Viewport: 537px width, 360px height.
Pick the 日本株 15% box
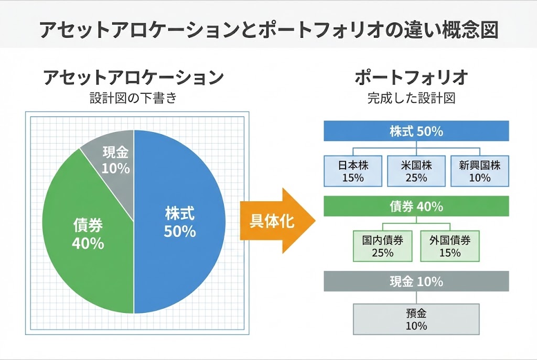click(x=352, y=171)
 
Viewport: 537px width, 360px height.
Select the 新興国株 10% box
click(x=479, y=171)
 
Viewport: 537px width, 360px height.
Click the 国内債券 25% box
click(x=382, y=246)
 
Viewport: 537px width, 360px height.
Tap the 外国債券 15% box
click(x=449, y=246)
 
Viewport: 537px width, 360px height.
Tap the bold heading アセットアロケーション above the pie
click(x=134, y=78)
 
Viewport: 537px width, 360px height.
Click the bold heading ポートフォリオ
click(x=411, y=78)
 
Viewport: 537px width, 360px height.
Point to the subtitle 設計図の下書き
click(x=134, y=98)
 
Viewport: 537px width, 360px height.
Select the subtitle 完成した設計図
click(x=411, y=98)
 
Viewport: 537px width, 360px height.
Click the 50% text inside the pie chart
click(x=180, y=231)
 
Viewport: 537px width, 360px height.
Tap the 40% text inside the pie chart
click(x=88, y=243)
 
